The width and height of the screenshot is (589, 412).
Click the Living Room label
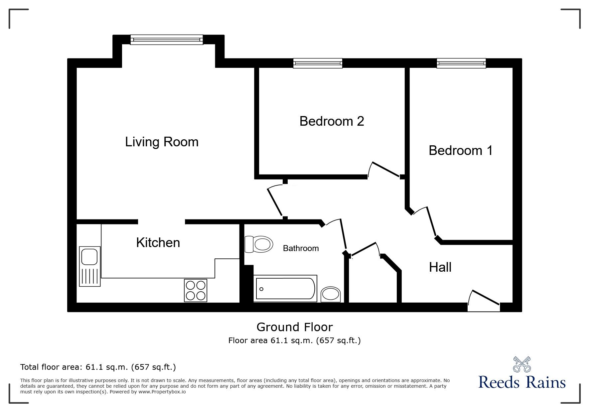[x=162, y=142]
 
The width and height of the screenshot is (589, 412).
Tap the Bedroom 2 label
[x=332, y=121]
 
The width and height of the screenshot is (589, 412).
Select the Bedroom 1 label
[x=461, y=150]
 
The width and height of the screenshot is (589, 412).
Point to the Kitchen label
[x=158, y=243]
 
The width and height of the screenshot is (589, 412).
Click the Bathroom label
[x=301, y=248]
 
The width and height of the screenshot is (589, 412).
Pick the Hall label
[x=440, y=267]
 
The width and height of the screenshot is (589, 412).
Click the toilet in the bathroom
[x=259, y=245]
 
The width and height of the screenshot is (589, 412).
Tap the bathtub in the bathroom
[x=285, y=289]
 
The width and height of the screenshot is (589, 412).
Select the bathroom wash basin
[x=331, y=295]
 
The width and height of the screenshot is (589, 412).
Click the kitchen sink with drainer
[x=89, y=266]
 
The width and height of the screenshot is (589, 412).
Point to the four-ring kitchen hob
[x=196, y=291]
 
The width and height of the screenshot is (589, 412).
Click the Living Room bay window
[x=167, y=40]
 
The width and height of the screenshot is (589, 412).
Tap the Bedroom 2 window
[x=318, y=63]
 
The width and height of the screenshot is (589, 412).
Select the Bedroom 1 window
[x=461, y=63]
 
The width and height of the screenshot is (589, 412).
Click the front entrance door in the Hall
[x=484, y=301]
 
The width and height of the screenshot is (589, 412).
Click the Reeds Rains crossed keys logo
[x=522, y=364]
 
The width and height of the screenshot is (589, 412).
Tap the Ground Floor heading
[x=294, y=327]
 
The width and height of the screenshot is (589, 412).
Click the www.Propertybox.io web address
[x=162, y=392]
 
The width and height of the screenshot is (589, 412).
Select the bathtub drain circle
[x=261, y=289]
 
